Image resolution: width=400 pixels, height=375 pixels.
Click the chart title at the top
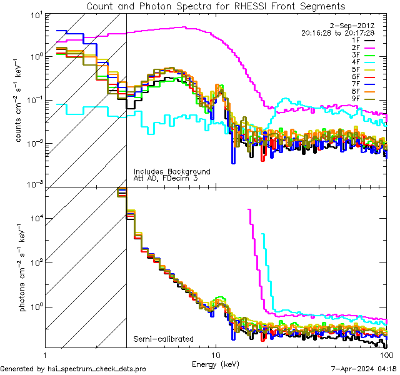215,6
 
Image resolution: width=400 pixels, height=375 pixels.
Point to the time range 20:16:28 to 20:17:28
337,32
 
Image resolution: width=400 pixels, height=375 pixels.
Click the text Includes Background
172,172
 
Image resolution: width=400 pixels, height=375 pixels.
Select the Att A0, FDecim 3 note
165,179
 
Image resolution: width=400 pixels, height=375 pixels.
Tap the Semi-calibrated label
163,339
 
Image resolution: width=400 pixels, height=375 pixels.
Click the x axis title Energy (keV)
215,364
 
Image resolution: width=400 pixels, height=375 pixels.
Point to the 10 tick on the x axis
216,354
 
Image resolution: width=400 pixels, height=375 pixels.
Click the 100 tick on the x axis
386,354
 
